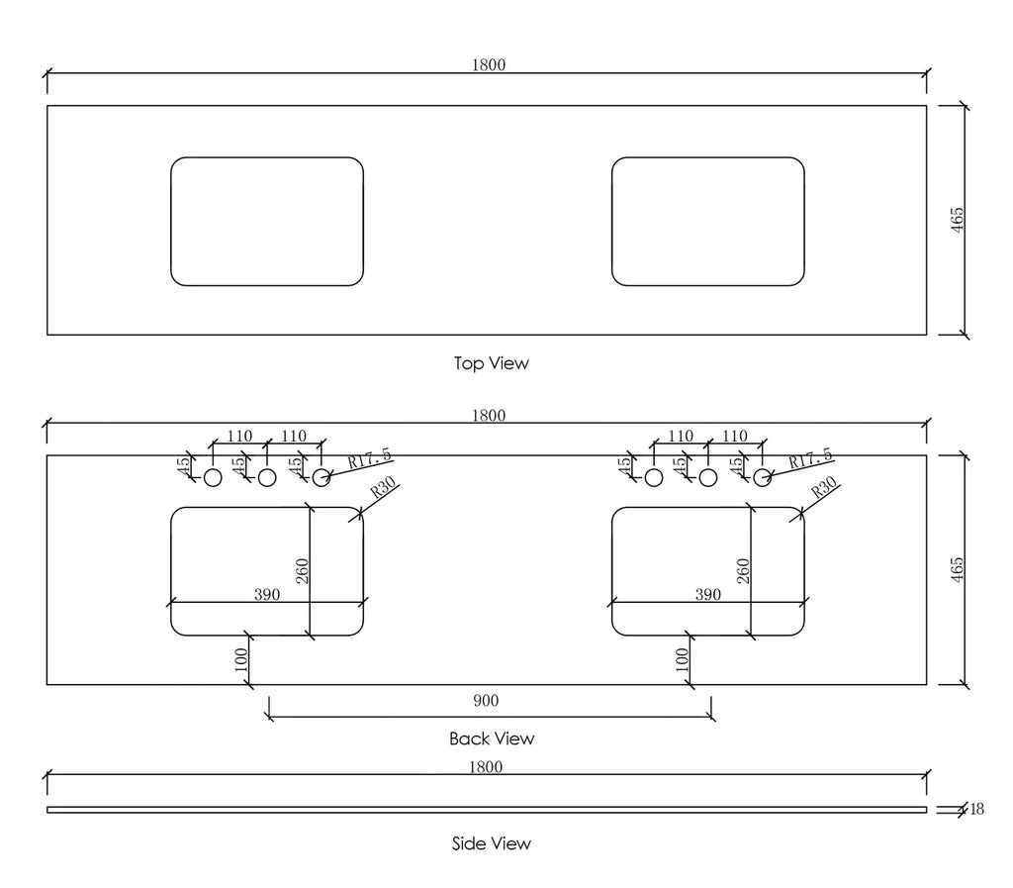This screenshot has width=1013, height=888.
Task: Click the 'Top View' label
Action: pos(491,363)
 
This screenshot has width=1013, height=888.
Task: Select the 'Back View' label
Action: pos(491,739)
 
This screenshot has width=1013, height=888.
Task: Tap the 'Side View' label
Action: pos(491,844)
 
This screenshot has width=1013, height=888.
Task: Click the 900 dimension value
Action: pos(486,701)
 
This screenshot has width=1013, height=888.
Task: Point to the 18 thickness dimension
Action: pos(976,810)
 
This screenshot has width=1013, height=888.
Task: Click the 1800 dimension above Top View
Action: pos(489,65)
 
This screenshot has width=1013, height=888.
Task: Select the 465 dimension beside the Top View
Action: pos(958,220)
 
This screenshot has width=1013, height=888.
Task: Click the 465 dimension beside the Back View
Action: pos(958,569)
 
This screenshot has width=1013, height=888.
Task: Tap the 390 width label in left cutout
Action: pos(267,595)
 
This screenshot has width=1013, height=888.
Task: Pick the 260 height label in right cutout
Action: pos(744,570)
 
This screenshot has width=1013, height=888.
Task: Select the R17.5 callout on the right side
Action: pos(811,458)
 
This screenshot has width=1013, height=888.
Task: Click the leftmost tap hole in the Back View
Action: pos(212,478)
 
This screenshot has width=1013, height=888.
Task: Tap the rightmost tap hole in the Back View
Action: pos(762,478)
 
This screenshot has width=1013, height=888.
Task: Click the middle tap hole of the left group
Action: pos(266,478)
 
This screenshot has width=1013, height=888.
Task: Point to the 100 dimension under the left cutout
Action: pos(241,660)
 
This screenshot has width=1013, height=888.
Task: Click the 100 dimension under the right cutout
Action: pos(681,660)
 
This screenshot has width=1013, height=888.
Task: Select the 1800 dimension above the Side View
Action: pos(486,767)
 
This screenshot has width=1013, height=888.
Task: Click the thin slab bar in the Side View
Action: pos(486,810)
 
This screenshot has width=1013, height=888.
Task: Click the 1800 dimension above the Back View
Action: pos(489,416)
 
